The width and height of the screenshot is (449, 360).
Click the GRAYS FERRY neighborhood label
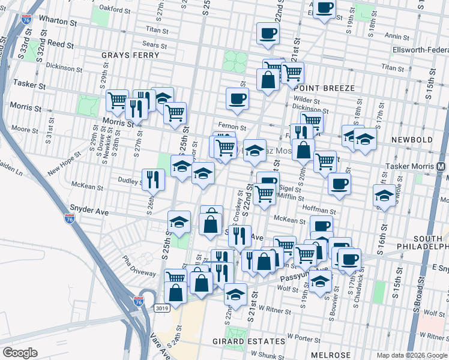130,55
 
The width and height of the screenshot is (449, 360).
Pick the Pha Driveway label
139,266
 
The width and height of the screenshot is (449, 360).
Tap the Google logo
21,353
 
